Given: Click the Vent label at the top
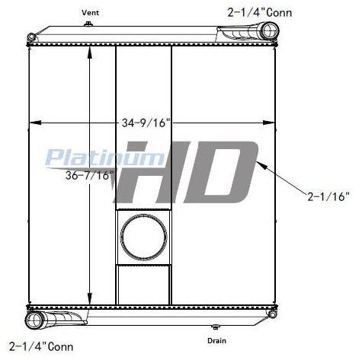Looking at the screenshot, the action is click(x=90, y=12).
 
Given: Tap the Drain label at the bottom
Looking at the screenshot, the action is click(x=216, y=340).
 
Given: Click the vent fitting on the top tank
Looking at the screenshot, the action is click(x=88, y=24).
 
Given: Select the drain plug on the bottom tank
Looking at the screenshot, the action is click(x=216, y=327).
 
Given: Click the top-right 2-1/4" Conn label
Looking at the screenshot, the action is click(x=260, y=12).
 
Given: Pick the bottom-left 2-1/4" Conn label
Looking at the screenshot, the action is click(x=41, y=346).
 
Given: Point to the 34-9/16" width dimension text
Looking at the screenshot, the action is click(x=146, y=123).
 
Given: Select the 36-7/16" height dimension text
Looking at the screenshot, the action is click(x=89, y=175).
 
